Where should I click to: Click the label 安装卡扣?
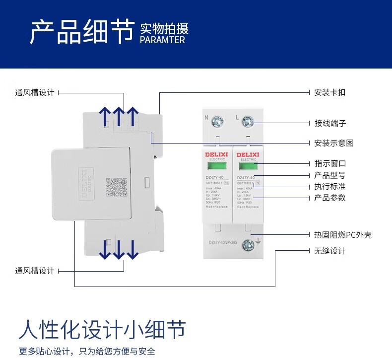click(x=330, y=92)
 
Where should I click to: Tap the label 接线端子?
click(x=330, y=123)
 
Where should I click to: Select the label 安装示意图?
click(x=334, y=143)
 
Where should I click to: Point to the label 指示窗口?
click(x=330, y=163)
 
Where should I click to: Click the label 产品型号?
click(x=330, y=175)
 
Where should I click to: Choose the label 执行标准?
click(x=330, y=187)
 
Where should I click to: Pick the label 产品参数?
click(x=330, y=198)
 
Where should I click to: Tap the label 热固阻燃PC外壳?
click(x=343, y=235)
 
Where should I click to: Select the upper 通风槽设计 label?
click(x=34, y=92)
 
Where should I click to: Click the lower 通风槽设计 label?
click(x=34, y=271)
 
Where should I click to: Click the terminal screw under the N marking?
click(x=217, y=121)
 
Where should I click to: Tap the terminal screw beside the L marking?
click(x=248, y=121)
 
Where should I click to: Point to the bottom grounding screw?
click(x=248, y=243)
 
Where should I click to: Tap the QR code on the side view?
click(x=116, y=188)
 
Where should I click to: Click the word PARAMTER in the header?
click(x=162, y=40)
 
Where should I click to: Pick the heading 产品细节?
click(x=82, y=32)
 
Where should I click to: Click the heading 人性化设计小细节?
click(x=102, y=329)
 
